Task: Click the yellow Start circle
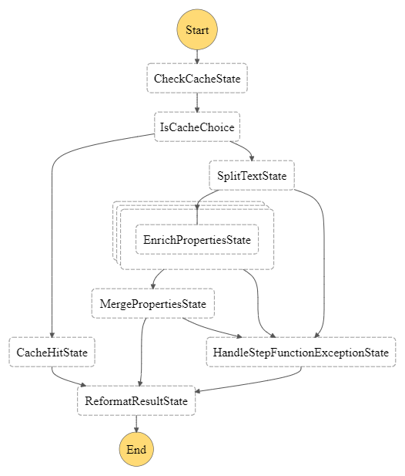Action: coord(197,30)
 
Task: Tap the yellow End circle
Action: coord(136,449)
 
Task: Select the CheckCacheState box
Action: coord(197,79)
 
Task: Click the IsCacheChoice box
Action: coord(197,127)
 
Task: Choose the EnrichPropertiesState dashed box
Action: coord(197,240)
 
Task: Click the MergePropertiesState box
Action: coord(152,304)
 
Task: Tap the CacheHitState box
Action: coord(52,353)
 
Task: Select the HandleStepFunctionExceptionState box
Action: coord(300,353)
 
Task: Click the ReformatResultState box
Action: coord(136,401)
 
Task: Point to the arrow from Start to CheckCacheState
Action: coord(197,56)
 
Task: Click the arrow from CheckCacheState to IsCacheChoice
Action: coord(197,103)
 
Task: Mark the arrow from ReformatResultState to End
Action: coord(136,424)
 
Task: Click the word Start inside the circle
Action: coord(197,30)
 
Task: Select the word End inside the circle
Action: coord(136,449)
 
